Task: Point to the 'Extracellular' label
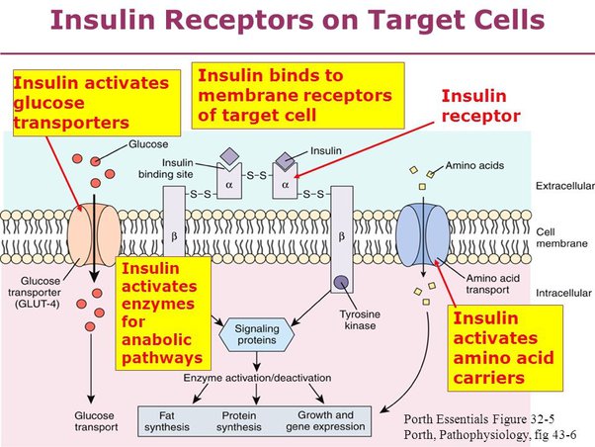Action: click(x=560, y=185)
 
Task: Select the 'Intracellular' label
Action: click(x=560, y=265)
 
